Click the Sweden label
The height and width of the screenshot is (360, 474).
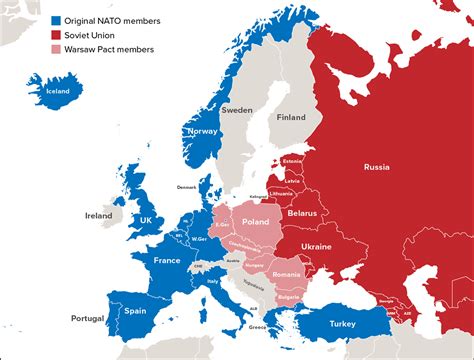(237, 110)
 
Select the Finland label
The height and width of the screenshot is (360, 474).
(291, 117)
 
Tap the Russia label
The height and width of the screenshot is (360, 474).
(376, 166)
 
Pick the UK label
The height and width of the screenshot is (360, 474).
(146, 220)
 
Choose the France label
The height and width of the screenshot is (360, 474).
(166, 260)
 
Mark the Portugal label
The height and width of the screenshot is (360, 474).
(87, 318)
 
